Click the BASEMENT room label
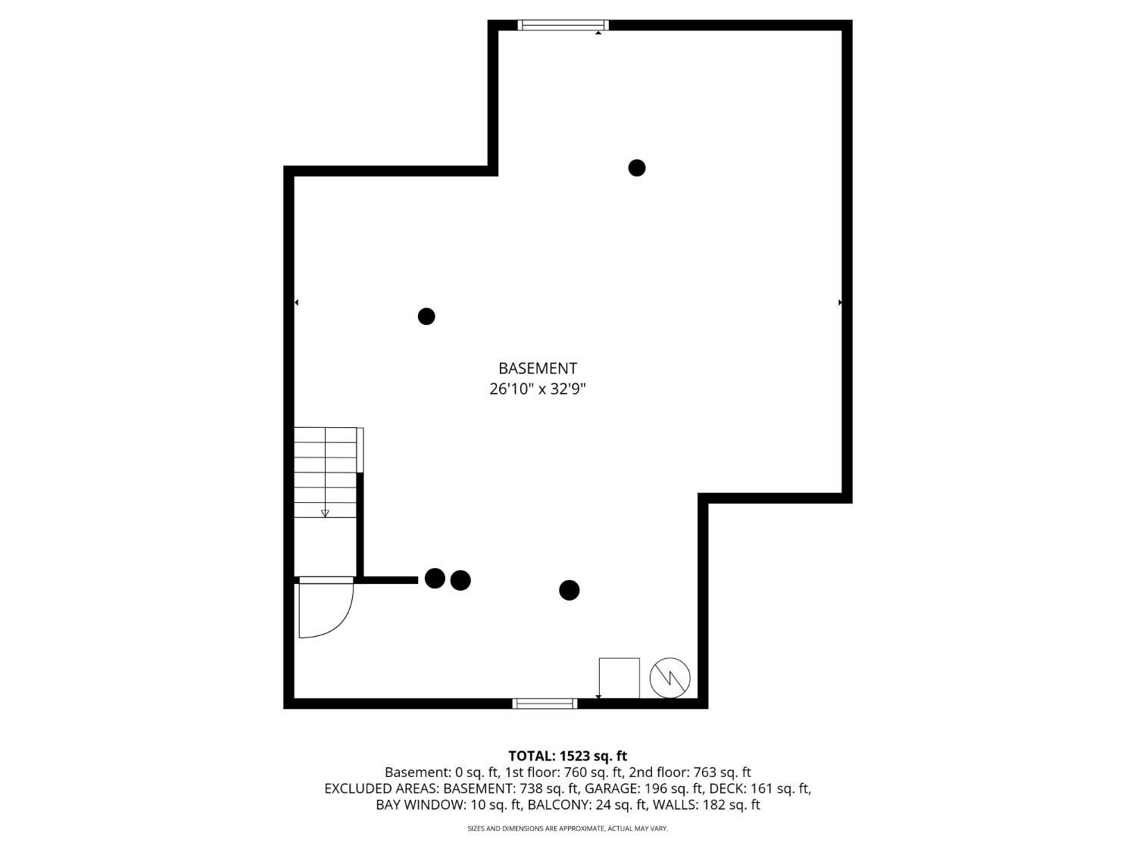coord(537,368)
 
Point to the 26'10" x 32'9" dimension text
coord(537,389)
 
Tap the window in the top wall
coord(563,25)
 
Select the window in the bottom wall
coord(545,703)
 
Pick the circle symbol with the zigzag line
coord(669,678)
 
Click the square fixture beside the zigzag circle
coord(619,678)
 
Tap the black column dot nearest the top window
coord(637,167)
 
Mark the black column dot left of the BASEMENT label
coord(426,316)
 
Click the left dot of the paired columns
coord(435,578)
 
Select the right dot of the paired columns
coord(460,580)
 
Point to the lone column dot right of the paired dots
coord(570,590)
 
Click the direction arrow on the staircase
coord(325,513)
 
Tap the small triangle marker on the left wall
coord(297,302)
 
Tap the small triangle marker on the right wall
coord(840,302)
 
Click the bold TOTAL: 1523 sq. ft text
coord(568,756)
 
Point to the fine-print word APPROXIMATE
coord(582,829)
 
